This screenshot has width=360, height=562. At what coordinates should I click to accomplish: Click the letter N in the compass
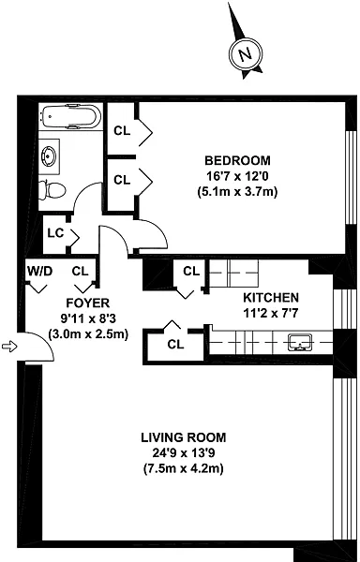pyautogui.click(x=246, y=54)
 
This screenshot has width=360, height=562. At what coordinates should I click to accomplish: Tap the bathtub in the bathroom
pyautogui.click(x=71, y=116)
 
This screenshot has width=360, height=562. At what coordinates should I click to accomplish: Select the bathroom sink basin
pyautogui.click(x=49, y=157)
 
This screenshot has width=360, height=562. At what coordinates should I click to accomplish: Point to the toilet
pyautogui.click(x=52, y=190)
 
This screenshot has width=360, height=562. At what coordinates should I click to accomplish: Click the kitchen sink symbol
pyautogui.click(x=300, y=342)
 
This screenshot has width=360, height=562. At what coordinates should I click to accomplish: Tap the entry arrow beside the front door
pyautogui.click(x=9, y=347)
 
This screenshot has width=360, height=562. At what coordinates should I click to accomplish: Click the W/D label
pyautogui.click(x=39, y=272)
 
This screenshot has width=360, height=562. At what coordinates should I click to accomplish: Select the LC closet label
pyautogui.click(x=55, y=233)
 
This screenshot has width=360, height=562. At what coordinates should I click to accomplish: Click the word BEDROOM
pyautogui.click(x=237, y=160)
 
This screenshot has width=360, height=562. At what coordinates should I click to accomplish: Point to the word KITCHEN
pyautogui.click(x=271, y=298)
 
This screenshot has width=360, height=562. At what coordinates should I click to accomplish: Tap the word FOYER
pyautogui.click(x=88, y=303)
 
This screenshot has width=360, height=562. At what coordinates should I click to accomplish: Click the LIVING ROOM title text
pyautogui.click(x=183, y=437)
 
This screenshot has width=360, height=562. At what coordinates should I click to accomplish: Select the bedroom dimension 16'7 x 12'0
pyautogui.click(x=237, y=176)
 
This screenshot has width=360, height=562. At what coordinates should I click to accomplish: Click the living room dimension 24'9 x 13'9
pyautogui.click(x=183, y=453)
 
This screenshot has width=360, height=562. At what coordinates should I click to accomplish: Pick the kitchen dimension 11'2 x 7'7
pyautogui.click(x=271, y=313)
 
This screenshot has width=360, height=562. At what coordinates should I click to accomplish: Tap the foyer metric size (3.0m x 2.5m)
pyautogui.click(x=88, y=334)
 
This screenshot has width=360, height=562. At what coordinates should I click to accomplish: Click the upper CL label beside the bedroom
pyautogui.click(x=122, y=131)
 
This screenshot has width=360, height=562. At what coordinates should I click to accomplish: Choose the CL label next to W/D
pyautogui.click(x=80, y=272)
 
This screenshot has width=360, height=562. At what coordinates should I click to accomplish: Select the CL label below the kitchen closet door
pyautogui.click(x=175, y=345)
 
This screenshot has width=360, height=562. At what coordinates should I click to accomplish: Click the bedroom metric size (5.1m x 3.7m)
pyautogui.click(x=237, y=192)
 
